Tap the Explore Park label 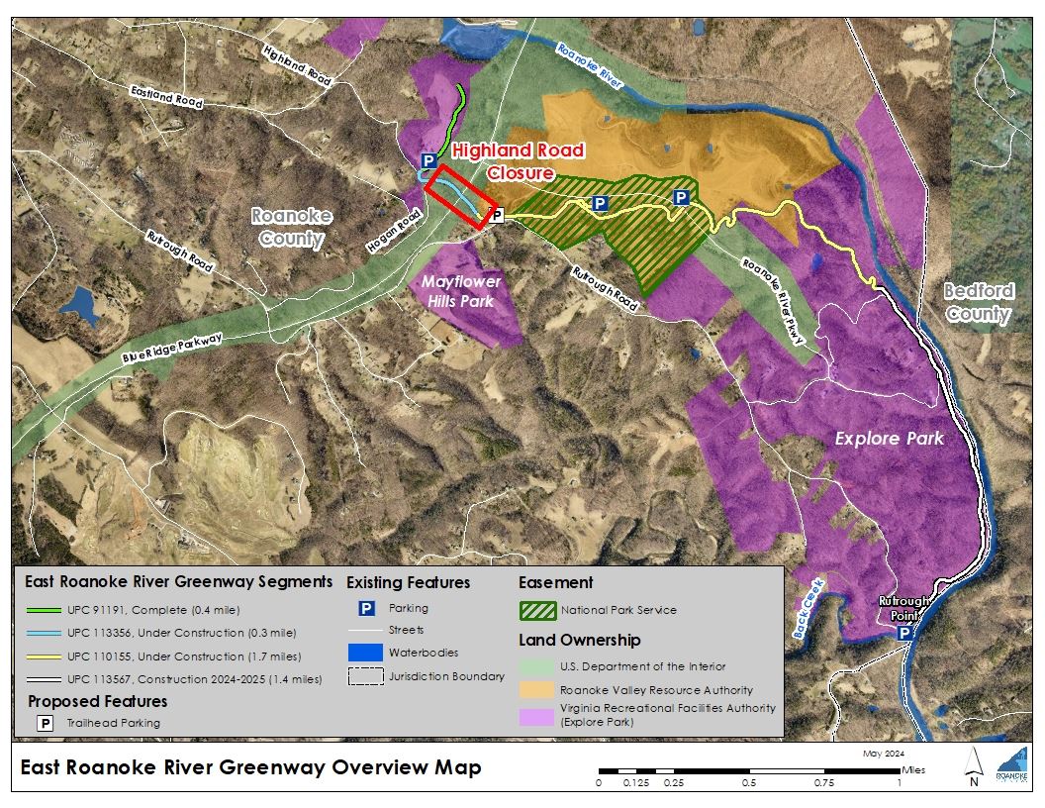coord(889,438)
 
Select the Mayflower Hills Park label coord(462,291)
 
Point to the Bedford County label coord(978,303)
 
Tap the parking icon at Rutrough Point coord(904,631)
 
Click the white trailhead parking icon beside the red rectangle coord(497,214)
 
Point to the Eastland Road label coord(166,96)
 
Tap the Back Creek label coord(808,595)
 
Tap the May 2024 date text coord(884,755)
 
